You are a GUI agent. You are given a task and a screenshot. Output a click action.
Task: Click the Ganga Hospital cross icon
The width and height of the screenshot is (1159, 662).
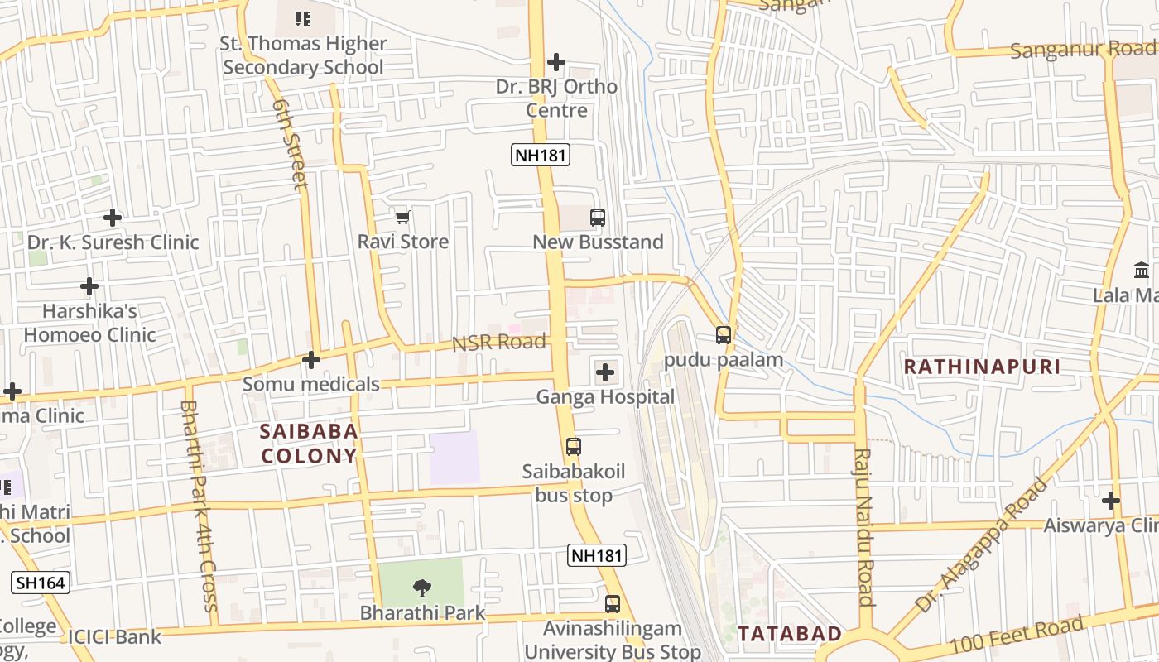coord(605,372)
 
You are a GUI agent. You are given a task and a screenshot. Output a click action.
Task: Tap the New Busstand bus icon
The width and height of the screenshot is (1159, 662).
coord(598,218)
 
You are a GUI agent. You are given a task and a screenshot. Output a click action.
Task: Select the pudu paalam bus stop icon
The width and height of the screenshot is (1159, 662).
coord(724,335)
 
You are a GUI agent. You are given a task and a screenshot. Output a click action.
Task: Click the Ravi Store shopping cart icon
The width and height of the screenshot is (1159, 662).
coord(403,218)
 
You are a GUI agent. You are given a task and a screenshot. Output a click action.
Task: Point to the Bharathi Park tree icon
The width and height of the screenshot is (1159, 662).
coord(422,588)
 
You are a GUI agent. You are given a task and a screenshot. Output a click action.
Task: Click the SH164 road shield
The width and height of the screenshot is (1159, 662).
coord(41,583)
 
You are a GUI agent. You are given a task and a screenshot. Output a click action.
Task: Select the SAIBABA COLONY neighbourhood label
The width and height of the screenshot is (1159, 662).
coord(309,444)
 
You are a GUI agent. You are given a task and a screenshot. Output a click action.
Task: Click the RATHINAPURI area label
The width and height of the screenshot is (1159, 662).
coord(982,367)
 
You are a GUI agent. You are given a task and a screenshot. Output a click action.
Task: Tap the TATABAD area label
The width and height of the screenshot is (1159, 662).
coord(790,634)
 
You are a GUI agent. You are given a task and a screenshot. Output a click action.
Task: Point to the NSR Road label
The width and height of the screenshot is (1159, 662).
coord(498,343)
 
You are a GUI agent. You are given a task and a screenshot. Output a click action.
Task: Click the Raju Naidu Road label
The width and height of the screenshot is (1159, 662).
coord(864,527)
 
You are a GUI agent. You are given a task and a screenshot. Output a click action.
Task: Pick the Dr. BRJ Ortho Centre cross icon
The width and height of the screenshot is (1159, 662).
coord(556,62)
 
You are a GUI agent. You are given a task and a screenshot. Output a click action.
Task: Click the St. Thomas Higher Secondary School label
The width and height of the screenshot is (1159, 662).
coord(304,55)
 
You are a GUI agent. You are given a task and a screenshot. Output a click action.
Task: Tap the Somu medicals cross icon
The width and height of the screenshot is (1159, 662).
coord(311,360)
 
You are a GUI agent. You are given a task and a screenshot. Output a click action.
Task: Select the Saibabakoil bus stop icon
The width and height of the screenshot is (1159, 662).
coord(574,447)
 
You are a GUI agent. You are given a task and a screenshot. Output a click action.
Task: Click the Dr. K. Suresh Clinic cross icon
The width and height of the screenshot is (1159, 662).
coord(113,218)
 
